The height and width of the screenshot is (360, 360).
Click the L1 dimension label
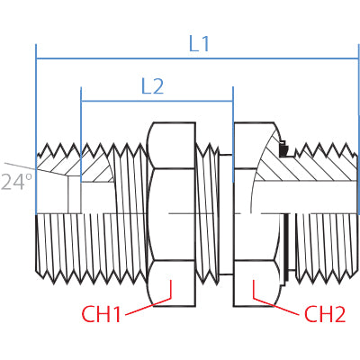[x=199, y=44]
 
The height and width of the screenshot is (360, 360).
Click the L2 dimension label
[x=152, y=86]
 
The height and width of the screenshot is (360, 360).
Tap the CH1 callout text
[x=101, y=314]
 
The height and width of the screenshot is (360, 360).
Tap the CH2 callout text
[x=325, y=314]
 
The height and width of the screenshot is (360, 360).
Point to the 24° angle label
[x=16, y=182]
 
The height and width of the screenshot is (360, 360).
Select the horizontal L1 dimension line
[x=197, y=58]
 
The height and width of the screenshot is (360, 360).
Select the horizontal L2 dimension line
[x=157, y=101]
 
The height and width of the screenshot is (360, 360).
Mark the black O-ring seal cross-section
[x=283, y=149]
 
